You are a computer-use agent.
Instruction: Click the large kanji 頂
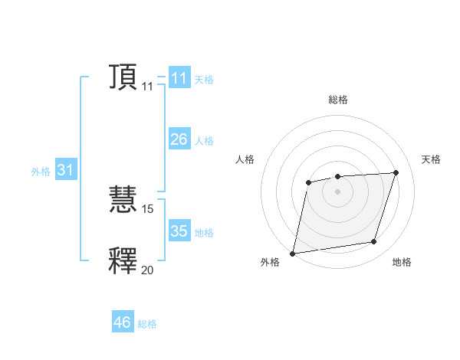click(x=123, y=77)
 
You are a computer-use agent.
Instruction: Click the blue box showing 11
click(x=179, y=78)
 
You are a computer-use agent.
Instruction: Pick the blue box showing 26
click(x=179, y=139)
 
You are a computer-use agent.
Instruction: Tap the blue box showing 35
click(x=179, y=231)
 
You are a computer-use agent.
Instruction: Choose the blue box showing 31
click(x=65, y=170)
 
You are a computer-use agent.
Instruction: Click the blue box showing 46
click(x=123, y=322)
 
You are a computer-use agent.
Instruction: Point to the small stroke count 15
click(x=148, y=208)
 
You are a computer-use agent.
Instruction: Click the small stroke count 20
click(x=148, y=270)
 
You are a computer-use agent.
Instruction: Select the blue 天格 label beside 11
click(x=204, y=79)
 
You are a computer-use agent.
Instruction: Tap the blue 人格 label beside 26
click(x=204, y=140)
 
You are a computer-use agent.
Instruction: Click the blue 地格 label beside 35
click(x=204, y=232)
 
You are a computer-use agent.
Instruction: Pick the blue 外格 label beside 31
click(x=41, y=172)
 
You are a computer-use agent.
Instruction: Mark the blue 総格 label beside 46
click(x=147, y=324)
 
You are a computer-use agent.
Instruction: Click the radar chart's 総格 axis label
click(x=338, y=100)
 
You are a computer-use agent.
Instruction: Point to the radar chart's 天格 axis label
click(x=432, y=159)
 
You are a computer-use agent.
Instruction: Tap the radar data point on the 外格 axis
click(x=293, y=253)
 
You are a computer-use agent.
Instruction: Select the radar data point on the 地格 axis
click(x=374, y=242)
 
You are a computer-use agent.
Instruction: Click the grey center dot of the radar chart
click(x=338, y=191)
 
